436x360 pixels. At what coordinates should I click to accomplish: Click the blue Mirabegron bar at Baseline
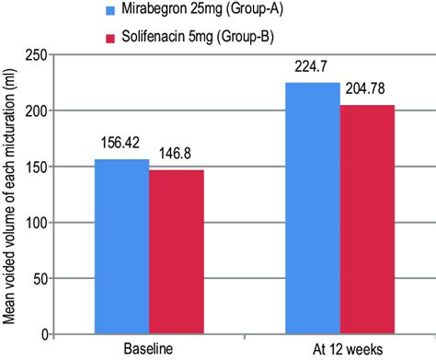click(x=122, y=246)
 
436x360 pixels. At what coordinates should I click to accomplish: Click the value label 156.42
click(x=121, y=145)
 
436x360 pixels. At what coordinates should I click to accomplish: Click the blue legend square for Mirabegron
click(x=112, y=12)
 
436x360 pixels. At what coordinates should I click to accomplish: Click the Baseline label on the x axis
click(x=149, y=350)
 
